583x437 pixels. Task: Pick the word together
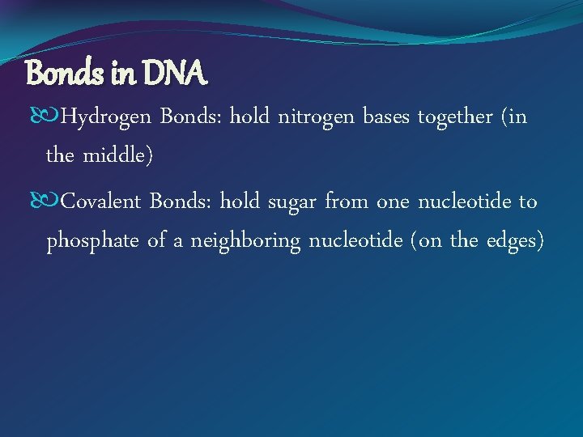456,118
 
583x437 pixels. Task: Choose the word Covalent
101,202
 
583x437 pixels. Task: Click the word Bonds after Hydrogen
191,118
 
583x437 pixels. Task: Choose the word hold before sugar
239,202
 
